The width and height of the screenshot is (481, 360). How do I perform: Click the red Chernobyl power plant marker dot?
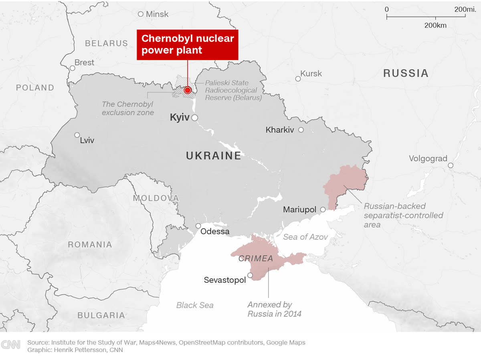click(188, 90)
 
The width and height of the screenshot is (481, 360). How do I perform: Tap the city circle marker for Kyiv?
click(194, 118)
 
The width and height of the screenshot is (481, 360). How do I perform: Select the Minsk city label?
click(157, 14)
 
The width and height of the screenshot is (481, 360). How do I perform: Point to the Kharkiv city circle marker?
click(301, 130)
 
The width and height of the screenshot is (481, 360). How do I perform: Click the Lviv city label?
click(87, 141)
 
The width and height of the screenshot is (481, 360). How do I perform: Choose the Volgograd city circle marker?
click(451, 165)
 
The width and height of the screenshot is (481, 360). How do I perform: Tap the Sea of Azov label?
click(305, 237)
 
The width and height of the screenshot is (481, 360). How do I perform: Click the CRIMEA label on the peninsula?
click(256, 259)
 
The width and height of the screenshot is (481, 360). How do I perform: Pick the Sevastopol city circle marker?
click(250, 275)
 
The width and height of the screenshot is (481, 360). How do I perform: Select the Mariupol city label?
click(299, 209)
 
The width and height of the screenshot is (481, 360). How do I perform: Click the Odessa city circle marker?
click(198, 226)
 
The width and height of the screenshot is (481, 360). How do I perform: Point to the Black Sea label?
click(195, 305)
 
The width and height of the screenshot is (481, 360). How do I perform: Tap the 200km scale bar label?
click(435, 25)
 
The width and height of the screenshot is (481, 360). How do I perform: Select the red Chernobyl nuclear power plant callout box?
click(188, 44)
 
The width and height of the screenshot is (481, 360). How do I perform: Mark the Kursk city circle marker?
click(298, 79)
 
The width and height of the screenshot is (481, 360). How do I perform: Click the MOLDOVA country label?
click(156, 198)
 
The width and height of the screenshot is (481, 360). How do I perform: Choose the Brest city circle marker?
click(73, 68)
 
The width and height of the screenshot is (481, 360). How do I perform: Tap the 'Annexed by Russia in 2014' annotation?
click(275, 309)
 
